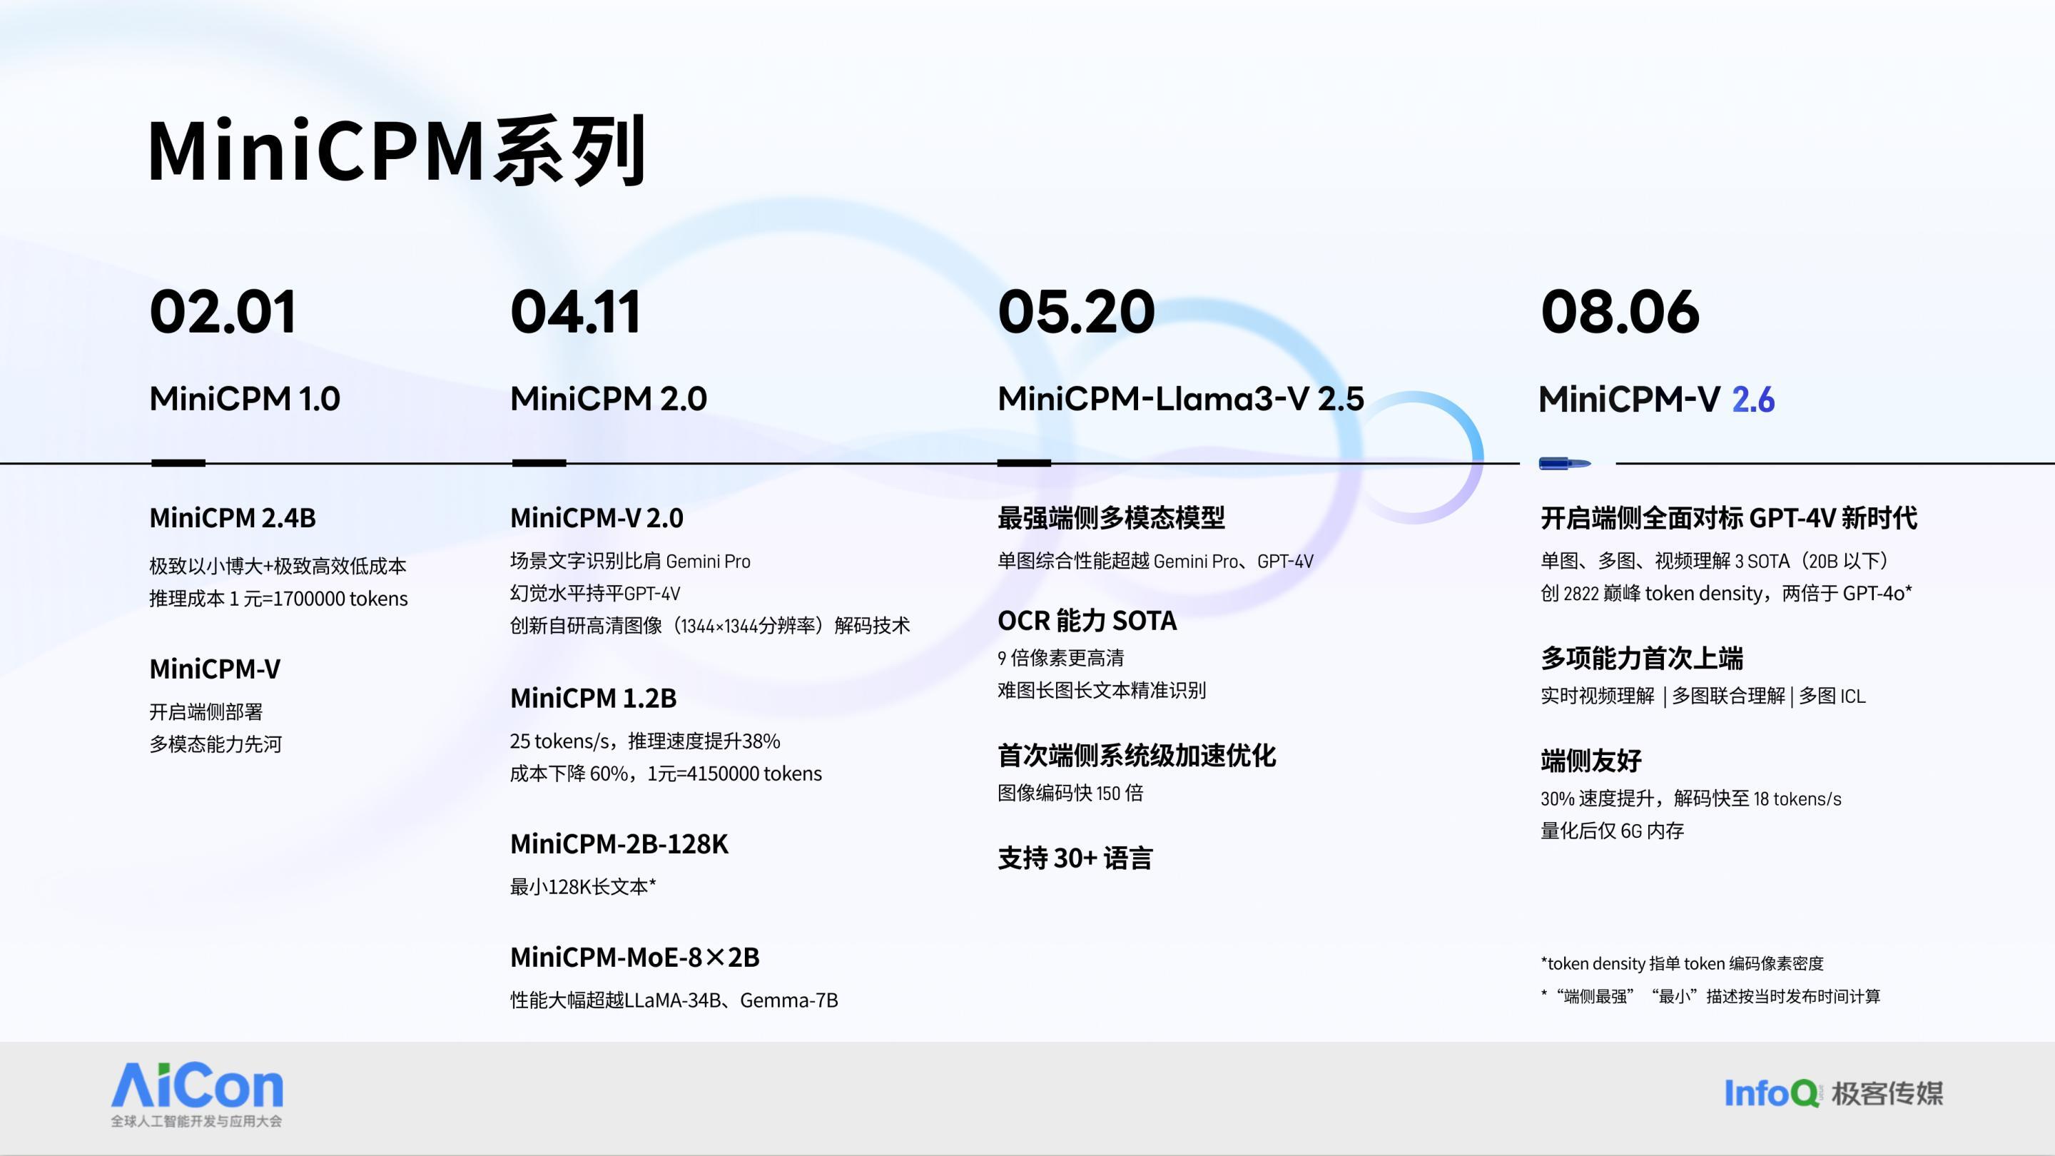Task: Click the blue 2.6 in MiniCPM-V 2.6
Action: pyautogui.click(x=1753, y=399)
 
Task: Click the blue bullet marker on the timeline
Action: pyautogui.click(x=1564, y=462)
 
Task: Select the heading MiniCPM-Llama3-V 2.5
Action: pyautogui.click(x=1181, y=399)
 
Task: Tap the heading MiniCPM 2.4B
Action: pyautogui.click(x=232, y=518)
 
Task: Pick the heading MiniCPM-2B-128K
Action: pyautogui.click(x=619, y=843)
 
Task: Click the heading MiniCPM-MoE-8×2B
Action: pyautogui.click(x=635, y=956)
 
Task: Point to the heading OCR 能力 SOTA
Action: pyautogui.click(x=1087, y=620)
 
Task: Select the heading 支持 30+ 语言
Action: pyautogui.click(x=1075, y=858)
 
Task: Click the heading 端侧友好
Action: pyautogui.click(x=1590, y=760)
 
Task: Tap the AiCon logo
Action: pyautogui.click(x=197, y=1094)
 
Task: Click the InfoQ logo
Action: pyautogui.click(x=1771, y=1093)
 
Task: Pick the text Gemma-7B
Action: pyautogui.click(x=789, y=1000)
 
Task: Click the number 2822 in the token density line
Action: pyautogui.click(x=1581, y=594)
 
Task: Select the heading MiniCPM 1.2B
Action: pyautogui.click(x=593, y=698)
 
